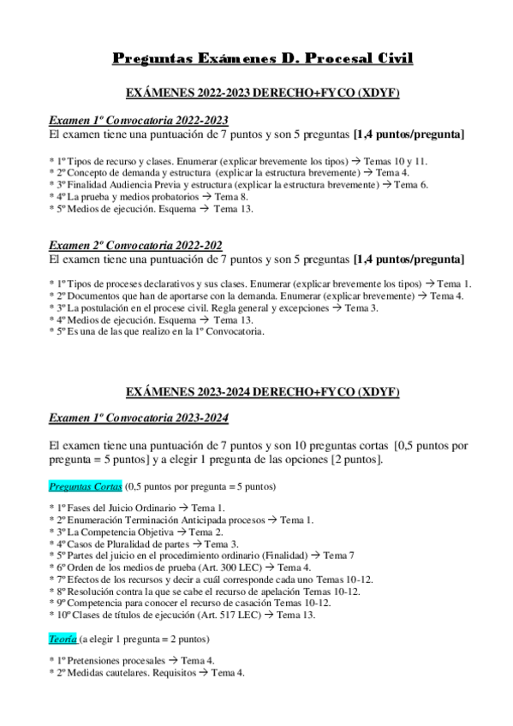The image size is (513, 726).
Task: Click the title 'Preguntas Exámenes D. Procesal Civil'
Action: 263,58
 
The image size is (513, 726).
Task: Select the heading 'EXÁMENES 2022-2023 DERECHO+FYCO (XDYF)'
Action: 263,92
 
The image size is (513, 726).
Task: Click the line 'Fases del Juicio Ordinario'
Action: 138,508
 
